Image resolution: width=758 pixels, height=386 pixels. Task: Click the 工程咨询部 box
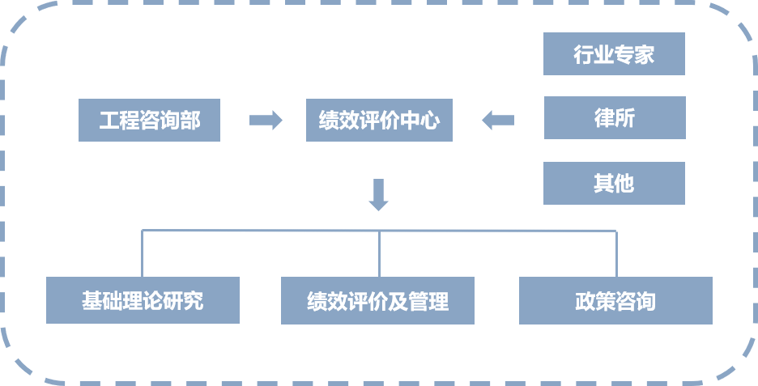pyautogui.click(x=149, y=120)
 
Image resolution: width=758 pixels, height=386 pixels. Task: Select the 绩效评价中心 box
pyautogui.click(x=379, y=120)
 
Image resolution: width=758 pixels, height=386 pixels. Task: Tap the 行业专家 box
pyautogui.click(x=614, y=54)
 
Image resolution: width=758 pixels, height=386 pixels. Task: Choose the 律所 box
pyautogui.click(x=614, y=117)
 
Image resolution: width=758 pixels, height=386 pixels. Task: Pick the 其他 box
pyautogui.click(x=614, y=183)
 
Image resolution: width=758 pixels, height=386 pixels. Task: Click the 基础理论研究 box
pyautogui.click(x=143, y=300)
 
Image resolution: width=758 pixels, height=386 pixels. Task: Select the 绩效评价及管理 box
pyautogui.click(x=377, y=300)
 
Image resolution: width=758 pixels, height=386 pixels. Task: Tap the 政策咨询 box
pyautogui.click(x=615, y=300)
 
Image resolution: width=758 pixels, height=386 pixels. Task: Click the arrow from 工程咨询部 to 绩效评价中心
pyautogui.click(x=266, y=121)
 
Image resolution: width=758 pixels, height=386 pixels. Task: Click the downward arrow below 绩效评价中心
pyautogui.click(x=378, y=195)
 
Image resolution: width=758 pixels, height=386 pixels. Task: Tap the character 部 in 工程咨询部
pyautogui.click(x=190, y=121)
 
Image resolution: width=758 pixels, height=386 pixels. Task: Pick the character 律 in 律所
pyautogui.click(x=604, y=117)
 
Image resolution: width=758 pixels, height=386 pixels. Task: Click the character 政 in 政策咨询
pyautogui.click(x=586, y=301)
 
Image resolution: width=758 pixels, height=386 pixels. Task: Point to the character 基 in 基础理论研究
pyautogui.click(x=92, y=301)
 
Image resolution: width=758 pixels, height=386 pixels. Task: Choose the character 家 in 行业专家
pyautogui.click(x=645, y=54)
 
